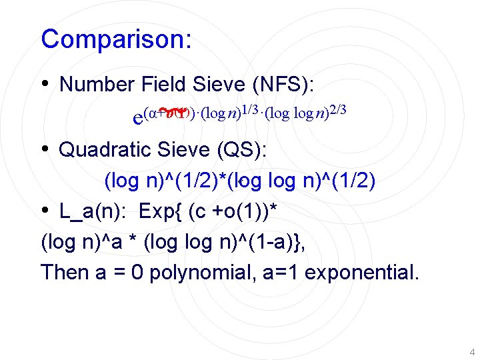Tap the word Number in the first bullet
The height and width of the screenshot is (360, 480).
pos(97,85)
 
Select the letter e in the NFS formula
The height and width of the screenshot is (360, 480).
pos(139,118)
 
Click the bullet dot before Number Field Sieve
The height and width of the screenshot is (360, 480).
pos(45,84)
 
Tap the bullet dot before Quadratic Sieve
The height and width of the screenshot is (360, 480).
pos(45,149)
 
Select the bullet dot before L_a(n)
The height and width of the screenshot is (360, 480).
pos(45,211)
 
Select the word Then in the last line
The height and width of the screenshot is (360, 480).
pos(63,273)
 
